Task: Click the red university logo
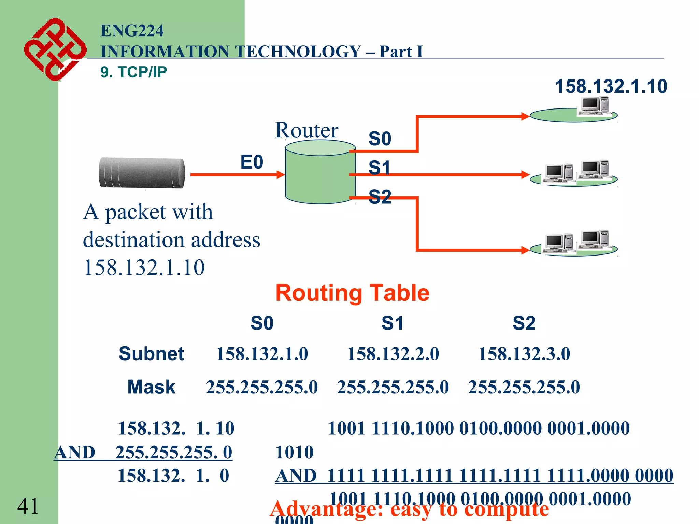tap(55, 49)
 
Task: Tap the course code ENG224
tap(132, 31)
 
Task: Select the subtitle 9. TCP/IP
tap(133, 72)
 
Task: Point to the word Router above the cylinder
tap(306, 130)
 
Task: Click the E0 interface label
tap(252, 162)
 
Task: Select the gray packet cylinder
tap(142, 173)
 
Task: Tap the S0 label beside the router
tap(380, 139)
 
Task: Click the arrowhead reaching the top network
tap(525, 116)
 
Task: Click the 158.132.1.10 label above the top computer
tap(611, 86)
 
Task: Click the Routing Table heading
tap(352, 293)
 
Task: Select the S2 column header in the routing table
tap(524, 323)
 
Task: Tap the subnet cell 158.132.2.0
tap(393, 354)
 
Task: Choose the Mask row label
tap(151, 387)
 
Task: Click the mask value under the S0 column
tap(262, 387)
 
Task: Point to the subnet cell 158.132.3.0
tap(524, 354)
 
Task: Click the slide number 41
tap(28, 506)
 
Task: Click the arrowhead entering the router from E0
tap(281, 175)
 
